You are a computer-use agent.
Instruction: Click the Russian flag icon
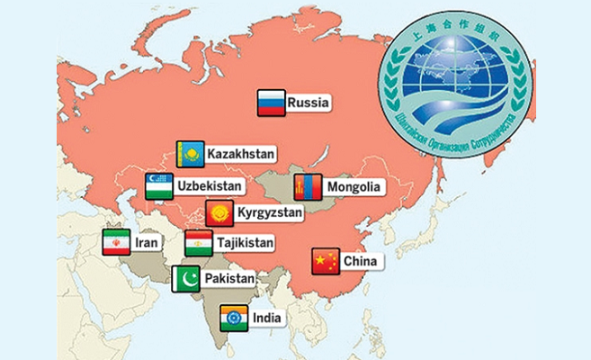(271, 103)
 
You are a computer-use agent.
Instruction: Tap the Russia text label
(307, 103)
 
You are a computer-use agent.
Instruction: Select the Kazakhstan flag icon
(190, 154)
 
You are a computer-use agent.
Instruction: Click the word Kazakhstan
(240, 155)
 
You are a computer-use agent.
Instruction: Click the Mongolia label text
(354, 188)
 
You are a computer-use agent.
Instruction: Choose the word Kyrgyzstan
(269, 214)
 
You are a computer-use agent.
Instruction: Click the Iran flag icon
(116, 243)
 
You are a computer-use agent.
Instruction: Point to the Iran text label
(147, 243)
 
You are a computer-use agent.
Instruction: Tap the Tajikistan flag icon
(198, 243)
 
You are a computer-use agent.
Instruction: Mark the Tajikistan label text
(243, 243)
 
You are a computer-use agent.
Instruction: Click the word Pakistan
(228, 279)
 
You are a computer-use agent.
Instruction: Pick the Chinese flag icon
(325, 261)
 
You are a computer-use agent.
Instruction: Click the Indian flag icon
(234, 318)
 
